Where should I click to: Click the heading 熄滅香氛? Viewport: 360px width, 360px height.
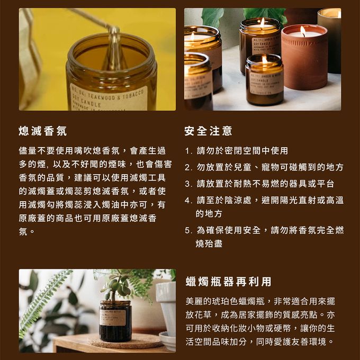tap(43, 130)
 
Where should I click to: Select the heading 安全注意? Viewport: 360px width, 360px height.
tap(208, 130)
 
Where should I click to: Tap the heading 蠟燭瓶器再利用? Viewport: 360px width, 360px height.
tap(228, 281)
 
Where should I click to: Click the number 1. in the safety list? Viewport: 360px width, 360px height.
tap(188, 151)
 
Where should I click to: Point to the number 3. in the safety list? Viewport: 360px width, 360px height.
tap(188, 184)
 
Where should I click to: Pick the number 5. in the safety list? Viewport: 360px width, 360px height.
tap(188, 230)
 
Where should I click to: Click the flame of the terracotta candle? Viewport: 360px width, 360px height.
tap(303, 31)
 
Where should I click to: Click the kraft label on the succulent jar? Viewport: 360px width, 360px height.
tap(113, 317)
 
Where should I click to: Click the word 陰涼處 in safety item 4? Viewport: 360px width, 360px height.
tap(236, 201)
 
